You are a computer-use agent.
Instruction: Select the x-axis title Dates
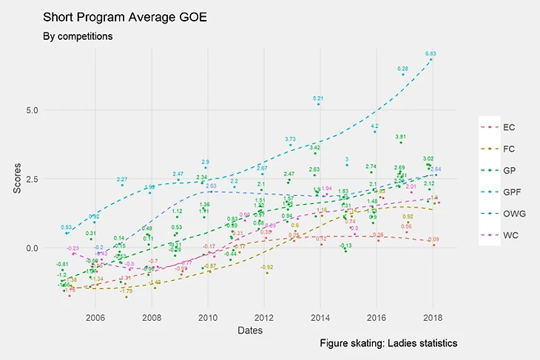point(251,330)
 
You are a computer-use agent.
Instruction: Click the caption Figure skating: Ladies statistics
point(389,344)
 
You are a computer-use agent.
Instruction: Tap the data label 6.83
point(431,54)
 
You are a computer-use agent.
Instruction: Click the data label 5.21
point(319,98)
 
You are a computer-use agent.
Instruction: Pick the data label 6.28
point(403,69)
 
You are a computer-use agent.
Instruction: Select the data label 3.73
point(291,139)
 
